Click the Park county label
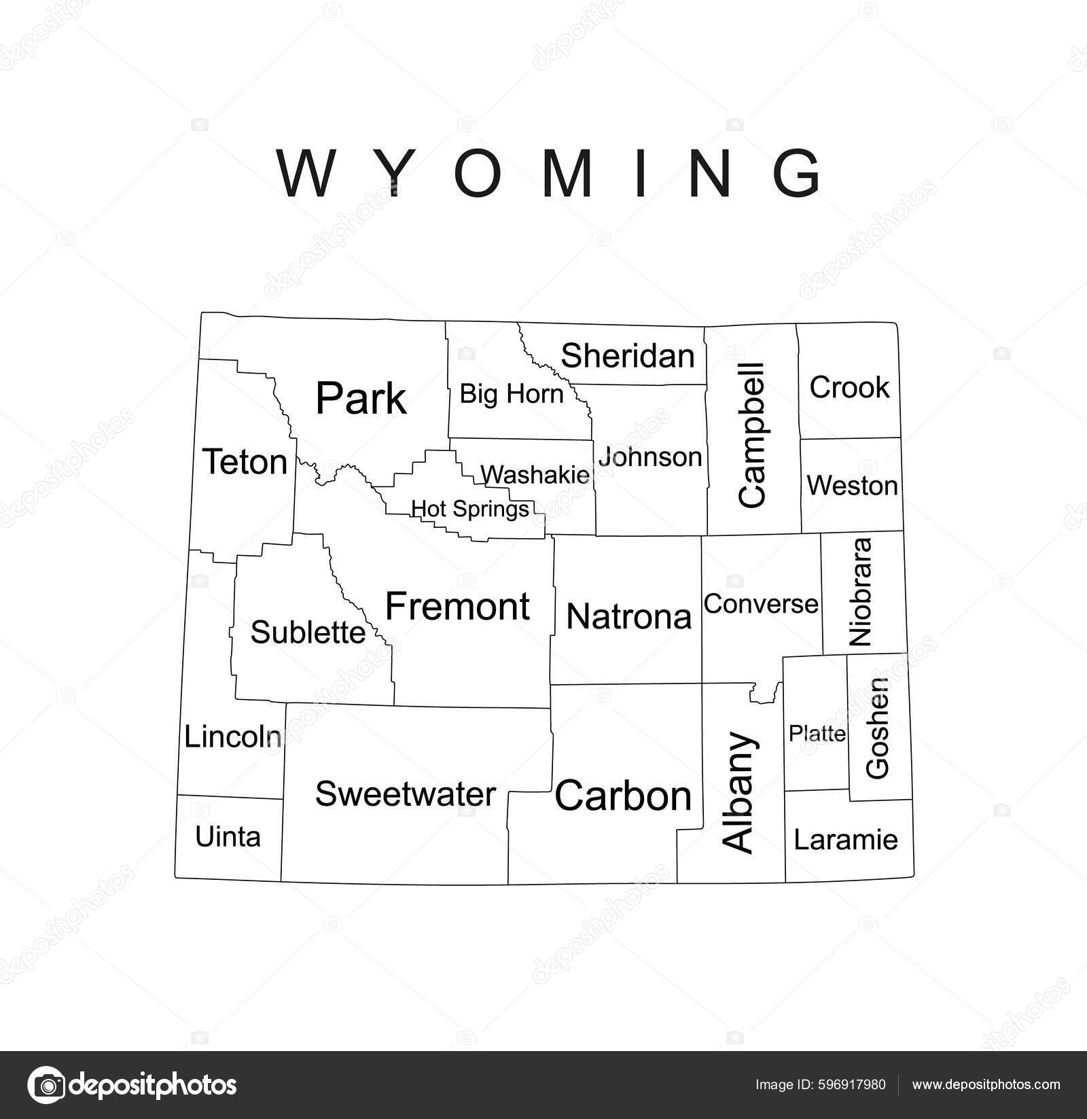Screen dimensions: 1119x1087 (x=361, y=398)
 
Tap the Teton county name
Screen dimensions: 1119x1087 (x=245, y=463)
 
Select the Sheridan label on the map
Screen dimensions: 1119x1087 (x=628, y=356)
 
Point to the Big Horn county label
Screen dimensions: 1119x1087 (x=511, y=394)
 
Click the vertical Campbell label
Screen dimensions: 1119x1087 (x=753, y=435)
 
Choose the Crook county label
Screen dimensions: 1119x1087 (x=849, y=387)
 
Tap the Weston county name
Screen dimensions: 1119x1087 (x=852, y=486)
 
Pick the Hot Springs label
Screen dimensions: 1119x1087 (x=470, y=509)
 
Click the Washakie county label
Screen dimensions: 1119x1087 (x=535, y=475)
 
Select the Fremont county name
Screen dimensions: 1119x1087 (x=457, y=606)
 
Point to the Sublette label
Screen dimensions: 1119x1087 (x=308, y=633)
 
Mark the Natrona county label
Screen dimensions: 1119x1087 (x=628, y=617)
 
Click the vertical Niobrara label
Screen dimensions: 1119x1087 (x=861, y=592)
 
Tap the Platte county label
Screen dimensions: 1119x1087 (x=817, y=733)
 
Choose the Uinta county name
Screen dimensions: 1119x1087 (x=228, y=837)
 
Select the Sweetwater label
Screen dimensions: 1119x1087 (x=406, y=794)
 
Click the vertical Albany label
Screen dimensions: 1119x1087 (x=739, y=792)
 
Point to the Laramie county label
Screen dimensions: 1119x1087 (x=846, y=840)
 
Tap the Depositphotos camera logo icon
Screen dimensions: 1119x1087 (x=46, y=1084)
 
